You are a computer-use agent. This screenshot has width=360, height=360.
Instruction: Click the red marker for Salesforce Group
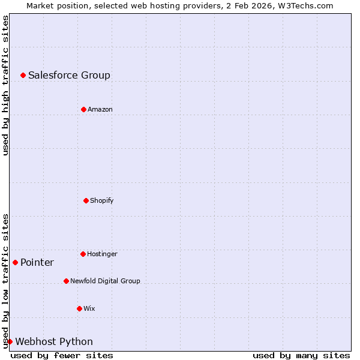pyautogui.click(x=23, y=75)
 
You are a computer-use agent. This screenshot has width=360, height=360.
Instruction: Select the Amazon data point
pyautogui.click(x=83, y=109)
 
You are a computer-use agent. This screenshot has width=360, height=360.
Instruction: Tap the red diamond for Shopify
pyautogui.click(x=86, y=200)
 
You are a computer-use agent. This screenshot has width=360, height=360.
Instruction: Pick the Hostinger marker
pyautogui.click(x=83, y=254)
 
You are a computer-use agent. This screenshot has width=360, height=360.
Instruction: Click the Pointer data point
pyautogui.click(x=15, y=262)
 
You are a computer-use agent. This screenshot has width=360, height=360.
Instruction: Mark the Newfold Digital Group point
pyautogui.click(x=66, y=281)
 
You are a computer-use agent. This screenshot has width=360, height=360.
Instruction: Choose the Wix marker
pyautogui.click(x=79, y=308)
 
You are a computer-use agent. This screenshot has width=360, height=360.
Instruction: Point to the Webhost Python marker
pyautogui.click(x=10, y=341)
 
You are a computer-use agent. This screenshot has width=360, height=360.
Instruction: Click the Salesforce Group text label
pyautogui.click(x=69, y=75)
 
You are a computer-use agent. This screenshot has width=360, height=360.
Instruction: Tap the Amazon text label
pyautogui.click(x=100, y=109)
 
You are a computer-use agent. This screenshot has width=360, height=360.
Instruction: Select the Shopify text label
pyautogui.click(x=101, y=200)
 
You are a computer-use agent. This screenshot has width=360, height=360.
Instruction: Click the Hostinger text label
pyautogui.click(x=102, y=254)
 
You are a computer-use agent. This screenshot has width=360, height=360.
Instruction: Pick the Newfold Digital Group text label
pyautogui.click(x=105, y=281)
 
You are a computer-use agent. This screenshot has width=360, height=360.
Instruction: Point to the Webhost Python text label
pyautogui.click(x=54, y=341)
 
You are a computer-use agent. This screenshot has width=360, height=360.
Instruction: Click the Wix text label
pyautogui.click(x=89, y=308)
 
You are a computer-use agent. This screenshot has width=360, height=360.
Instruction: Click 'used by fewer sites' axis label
pyautogui.click(x=62, y=355)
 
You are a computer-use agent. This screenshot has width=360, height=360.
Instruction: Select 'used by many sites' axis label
pyautogui.click(x=301, y=355)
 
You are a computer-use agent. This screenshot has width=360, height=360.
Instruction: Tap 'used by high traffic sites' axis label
pyautogui.click(x=5, y=85)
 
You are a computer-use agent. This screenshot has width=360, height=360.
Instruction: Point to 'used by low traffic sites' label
pyautogui.click(x=5, y=281)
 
